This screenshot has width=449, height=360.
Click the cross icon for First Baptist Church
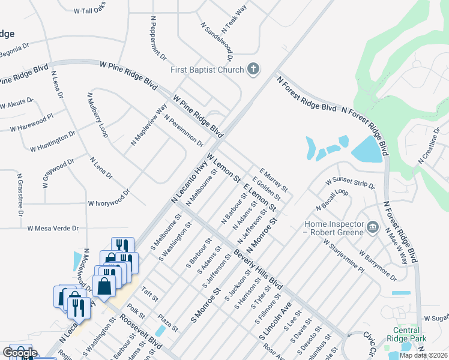tap(253, 69)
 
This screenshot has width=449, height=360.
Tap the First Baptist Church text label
tap(207, 70)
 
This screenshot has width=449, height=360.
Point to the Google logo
tap(20, 353)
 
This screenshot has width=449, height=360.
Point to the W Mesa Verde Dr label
tap(53, 228)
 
